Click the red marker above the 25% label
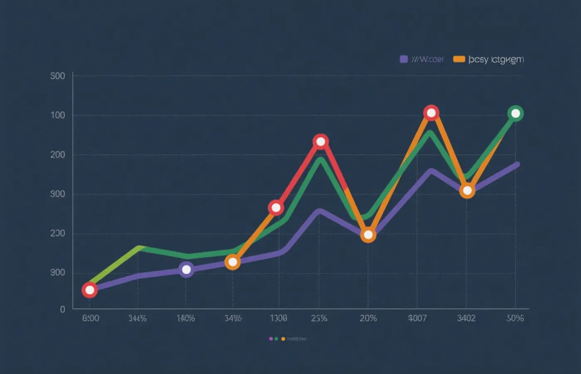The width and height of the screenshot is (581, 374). (320, 142)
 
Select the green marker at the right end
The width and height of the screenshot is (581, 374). (515, 113)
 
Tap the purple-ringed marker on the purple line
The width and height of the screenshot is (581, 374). (186, 270)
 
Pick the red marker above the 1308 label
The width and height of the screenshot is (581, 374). (276, 207)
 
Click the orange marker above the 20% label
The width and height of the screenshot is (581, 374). (368, 235)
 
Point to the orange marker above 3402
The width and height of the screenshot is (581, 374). (467, 191)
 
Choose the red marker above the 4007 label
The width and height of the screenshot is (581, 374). (431, 113)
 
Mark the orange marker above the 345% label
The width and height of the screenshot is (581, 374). (233, 262)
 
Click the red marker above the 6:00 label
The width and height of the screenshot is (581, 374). (90, 290)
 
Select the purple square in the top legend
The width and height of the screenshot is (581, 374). (404, 59)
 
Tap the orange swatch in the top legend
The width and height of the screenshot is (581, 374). (459, 59)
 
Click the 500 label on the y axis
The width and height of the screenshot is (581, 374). (58, 76)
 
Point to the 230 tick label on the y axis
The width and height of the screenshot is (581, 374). (58, 233)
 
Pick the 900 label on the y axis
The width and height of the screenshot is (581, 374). (58, 272)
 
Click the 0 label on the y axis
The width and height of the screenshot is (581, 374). (63, 309)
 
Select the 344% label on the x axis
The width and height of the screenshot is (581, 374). (137, 318)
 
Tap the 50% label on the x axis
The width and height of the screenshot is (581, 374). (515, 318)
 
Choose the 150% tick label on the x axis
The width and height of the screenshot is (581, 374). (186, 318)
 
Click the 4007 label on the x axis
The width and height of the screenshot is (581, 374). (417, 318)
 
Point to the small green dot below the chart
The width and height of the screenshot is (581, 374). (276, 339)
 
